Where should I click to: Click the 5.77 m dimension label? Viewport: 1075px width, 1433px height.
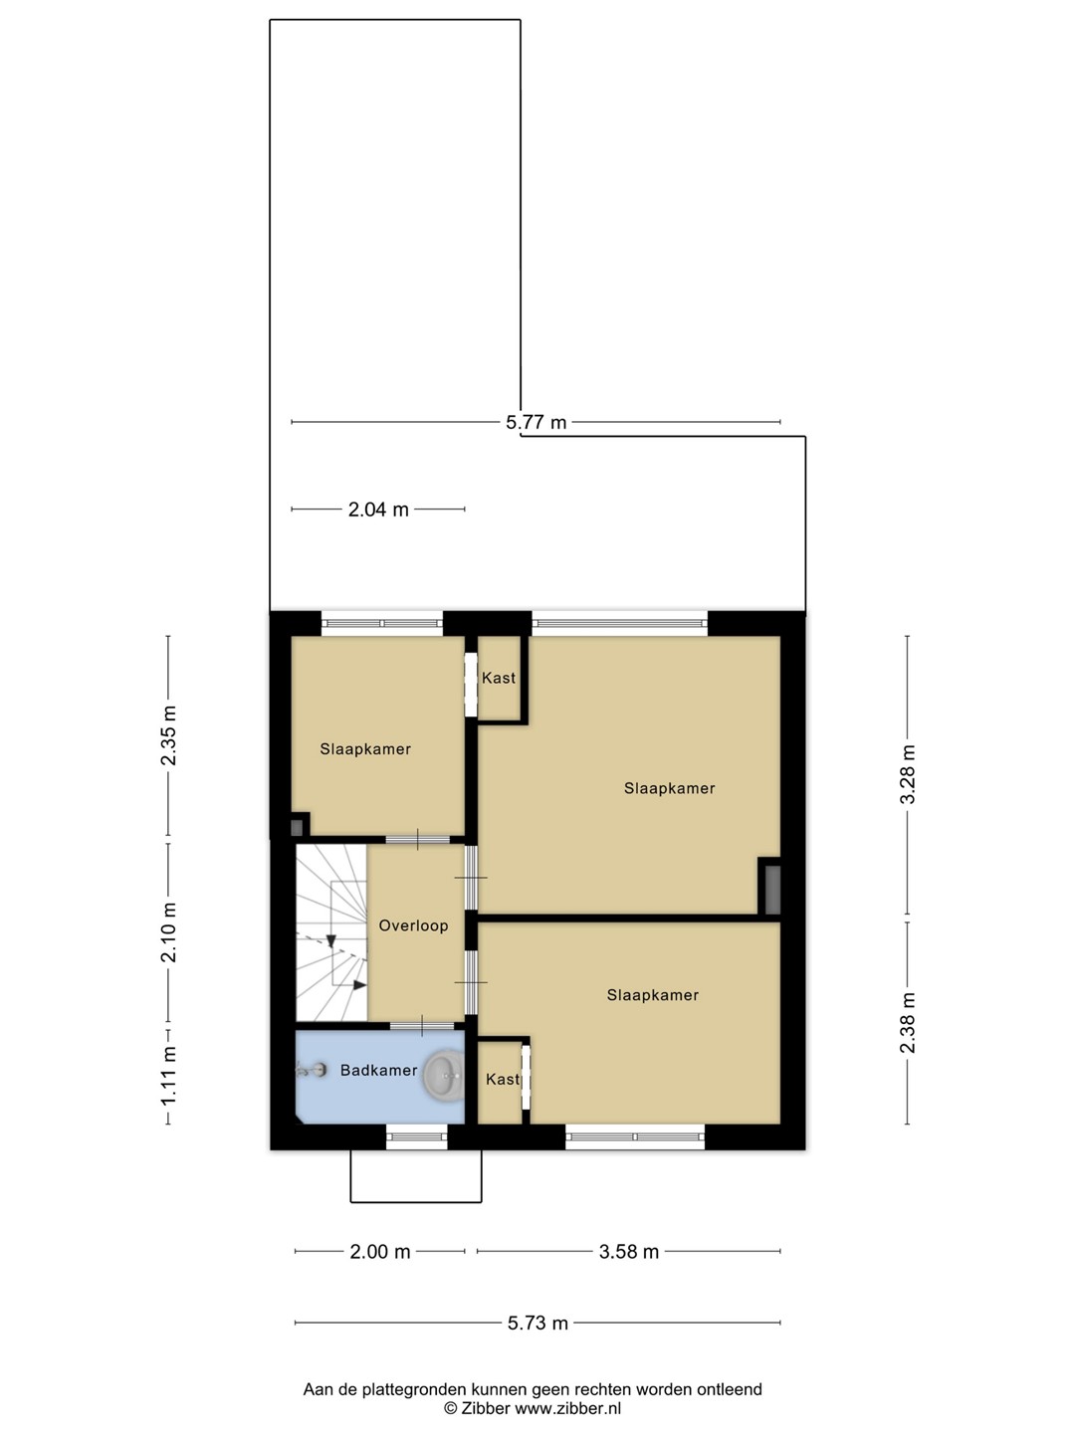(536, 422)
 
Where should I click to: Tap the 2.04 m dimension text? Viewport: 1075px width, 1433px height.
(378, 510)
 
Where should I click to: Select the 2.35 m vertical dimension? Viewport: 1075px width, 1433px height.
(169, 735)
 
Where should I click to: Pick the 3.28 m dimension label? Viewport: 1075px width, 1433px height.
(908, 773)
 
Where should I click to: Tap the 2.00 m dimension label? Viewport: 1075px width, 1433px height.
(380, 1252)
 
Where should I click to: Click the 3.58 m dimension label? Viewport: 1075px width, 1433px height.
(628, 1252)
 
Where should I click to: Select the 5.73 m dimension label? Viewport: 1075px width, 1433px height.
(537, 1324)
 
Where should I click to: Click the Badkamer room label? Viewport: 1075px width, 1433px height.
(378, 1070)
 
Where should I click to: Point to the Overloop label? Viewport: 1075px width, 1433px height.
(413, 925)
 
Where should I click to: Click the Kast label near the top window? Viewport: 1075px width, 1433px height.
(499, 678)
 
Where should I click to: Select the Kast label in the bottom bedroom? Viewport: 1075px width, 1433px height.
(503, 1079)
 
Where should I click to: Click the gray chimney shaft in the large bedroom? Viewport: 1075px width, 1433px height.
(772, 890)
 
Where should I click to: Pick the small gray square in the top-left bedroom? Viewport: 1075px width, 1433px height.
(297, 828)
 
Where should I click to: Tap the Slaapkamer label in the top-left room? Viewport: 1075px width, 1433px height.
(365, 749)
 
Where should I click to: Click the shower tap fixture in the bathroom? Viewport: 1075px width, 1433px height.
(312, 1070)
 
